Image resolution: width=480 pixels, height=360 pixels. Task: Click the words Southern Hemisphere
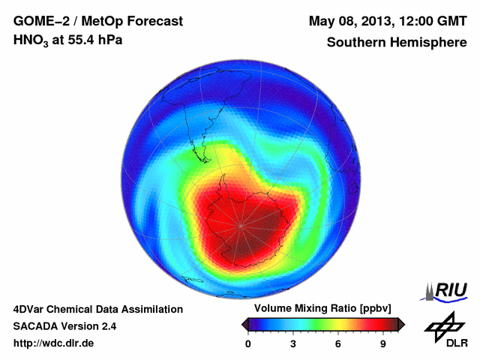tap(397, 42)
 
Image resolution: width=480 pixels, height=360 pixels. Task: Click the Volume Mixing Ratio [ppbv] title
tap(319, 309)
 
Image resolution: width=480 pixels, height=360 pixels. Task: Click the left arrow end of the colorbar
tap(244, 324)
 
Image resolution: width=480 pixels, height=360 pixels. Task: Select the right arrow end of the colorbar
tap(402, 324)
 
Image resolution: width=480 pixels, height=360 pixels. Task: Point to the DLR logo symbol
tap(444, 326)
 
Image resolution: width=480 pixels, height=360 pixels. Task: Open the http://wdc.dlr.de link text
tap(54, 343)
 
